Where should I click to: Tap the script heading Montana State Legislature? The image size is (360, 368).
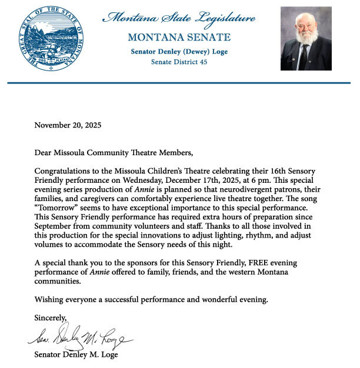(179, 18)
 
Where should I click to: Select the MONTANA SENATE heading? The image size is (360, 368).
(179, 38)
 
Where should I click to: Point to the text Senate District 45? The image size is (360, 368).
(179, 62)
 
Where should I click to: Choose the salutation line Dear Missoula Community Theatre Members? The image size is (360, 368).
(114, 154)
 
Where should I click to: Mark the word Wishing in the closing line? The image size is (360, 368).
(49, 300)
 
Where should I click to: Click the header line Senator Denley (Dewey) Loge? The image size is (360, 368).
(179, 51)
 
